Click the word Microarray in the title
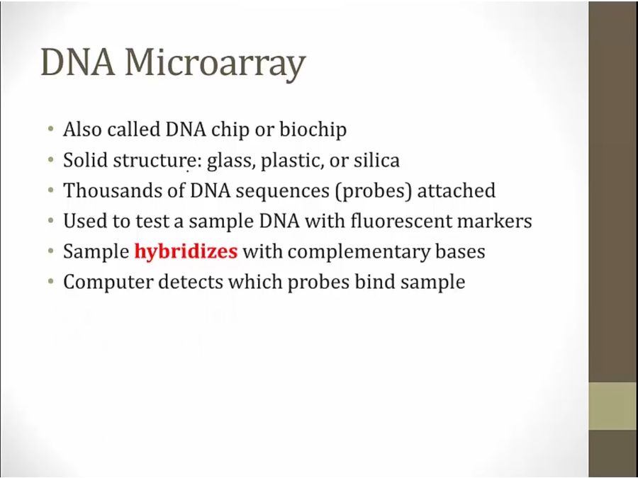click(216, 64)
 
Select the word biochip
click(313, 130)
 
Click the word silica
click(376, 160)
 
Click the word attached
click(457, 190)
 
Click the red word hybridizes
click(186, 252)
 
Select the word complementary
click(359, 252)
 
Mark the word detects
click(191, 282)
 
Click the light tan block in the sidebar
click(613, 406)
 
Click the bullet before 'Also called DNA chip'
click(50, 130)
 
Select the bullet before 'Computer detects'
click(50, 282)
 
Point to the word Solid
click(86, 160)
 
